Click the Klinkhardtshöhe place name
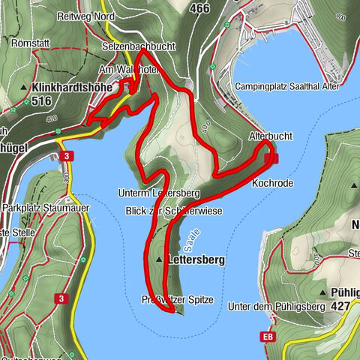[72, 87]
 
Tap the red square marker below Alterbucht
[274, 157]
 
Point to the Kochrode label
[272, 182]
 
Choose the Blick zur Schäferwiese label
[174, 212]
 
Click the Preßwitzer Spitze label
[178, 300]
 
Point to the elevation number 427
[340, 305]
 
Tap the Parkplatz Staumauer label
[35, 206]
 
